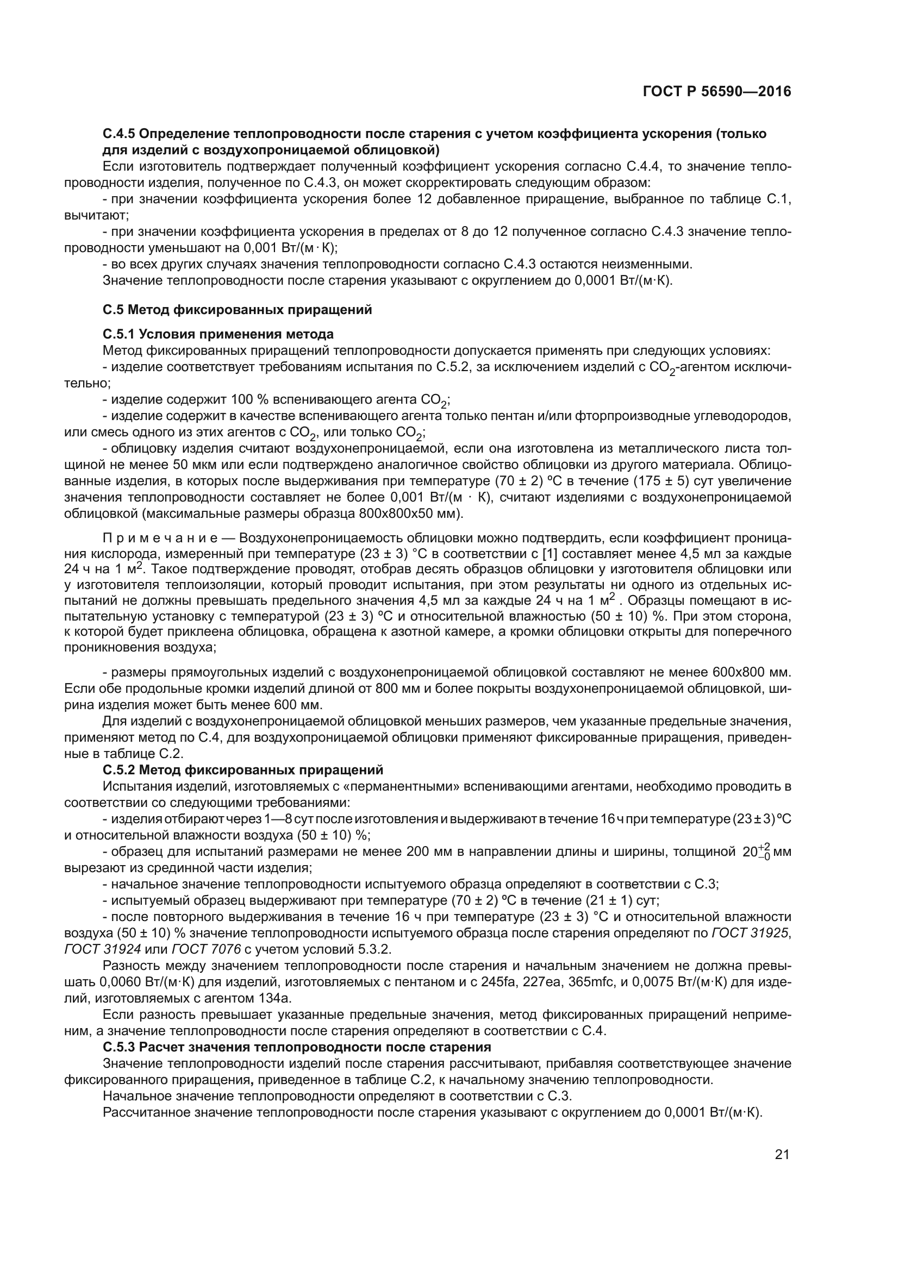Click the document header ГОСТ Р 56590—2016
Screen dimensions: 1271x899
coord(717,92)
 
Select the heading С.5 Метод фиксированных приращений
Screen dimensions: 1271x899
coord(238,310)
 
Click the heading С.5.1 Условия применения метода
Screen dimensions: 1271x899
coord(218,334)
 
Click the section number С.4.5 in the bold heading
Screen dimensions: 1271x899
coord(118,134)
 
